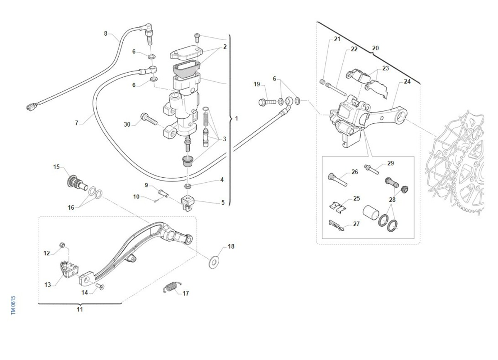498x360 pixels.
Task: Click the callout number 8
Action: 105,33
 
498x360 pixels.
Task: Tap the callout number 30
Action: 127,124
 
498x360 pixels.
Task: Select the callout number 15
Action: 56,167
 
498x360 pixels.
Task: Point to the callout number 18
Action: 231,246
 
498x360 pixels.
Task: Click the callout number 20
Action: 375,48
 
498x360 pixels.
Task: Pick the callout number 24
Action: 407,81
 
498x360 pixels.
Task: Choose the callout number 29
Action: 391,163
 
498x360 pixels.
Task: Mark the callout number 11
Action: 80,309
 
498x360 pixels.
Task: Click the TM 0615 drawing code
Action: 13,305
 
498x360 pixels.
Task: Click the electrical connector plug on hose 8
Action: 29,108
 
